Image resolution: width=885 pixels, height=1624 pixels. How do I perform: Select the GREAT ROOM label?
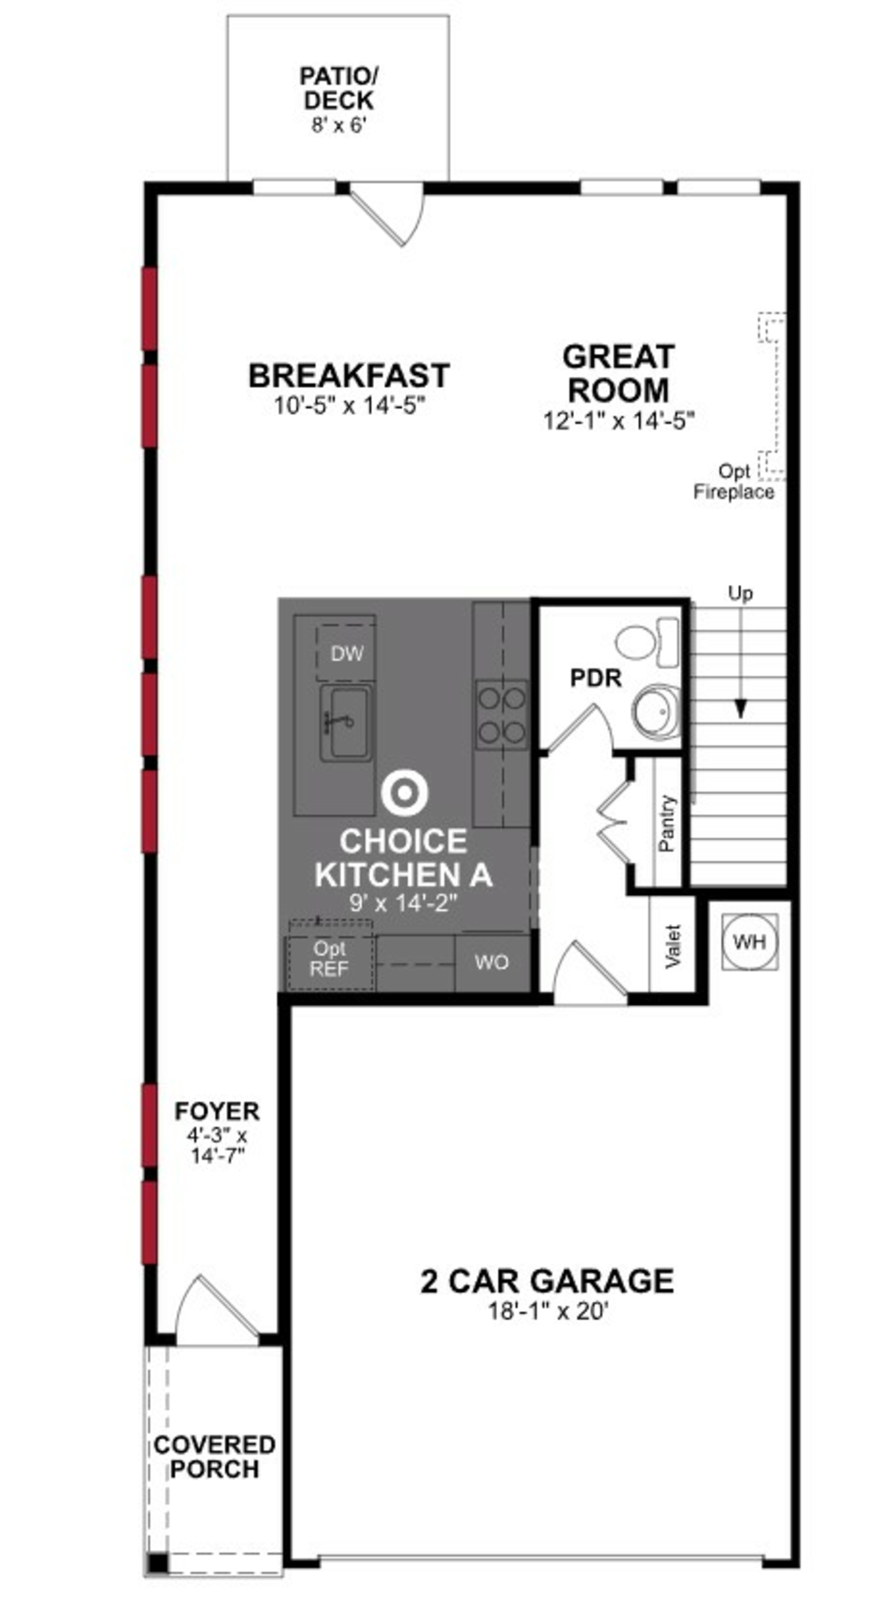[x=618, y=373]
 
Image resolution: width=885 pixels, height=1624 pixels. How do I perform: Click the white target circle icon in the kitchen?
[x=404, y=793]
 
